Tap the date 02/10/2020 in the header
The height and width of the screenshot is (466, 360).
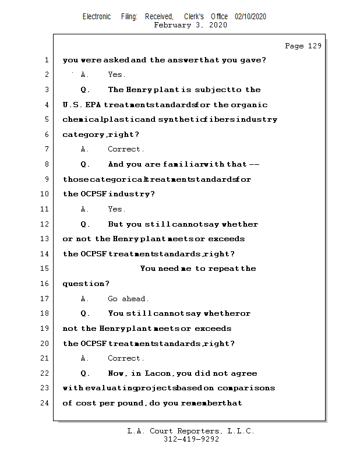[x=250, y=17]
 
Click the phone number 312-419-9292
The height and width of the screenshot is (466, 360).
[x=191, y=440]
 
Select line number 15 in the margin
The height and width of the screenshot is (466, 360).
[x=45, y=269]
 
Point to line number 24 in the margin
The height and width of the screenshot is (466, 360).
[x=45, y=403]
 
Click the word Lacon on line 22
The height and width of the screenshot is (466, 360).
[x=161, y=373]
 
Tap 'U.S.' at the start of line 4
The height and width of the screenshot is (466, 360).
[x=72, y=105]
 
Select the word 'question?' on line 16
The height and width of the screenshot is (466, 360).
[x=86, y=284]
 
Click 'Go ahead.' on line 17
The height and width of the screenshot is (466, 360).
[x=128, y=299]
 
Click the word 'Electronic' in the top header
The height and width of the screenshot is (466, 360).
[x=97, y=17]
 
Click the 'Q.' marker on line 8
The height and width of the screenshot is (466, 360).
[x=85, y=164]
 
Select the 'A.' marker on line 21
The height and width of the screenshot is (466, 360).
[x=85, y=358]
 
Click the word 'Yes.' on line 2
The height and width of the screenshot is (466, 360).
[x=117, y=75]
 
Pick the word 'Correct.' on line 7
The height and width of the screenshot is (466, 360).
[x=126, y=150]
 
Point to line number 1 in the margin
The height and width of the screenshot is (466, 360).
[x=45, y=60]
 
